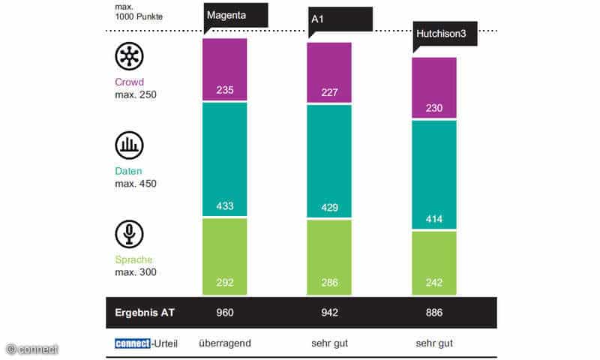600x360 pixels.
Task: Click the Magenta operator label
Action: tap(235, 15)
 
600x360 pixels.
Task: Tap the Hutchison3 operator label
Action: tap(444, 34)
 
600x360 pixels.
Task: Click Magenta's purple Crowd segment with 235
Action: tap(225, 70)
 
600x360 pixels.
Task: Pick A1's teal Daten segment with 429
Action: tap(329, 161)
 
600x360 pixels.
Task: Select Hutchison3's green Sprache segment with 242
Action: tap(434, 262)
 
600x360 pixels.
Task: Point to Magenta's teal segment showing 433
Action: tap(225, 160)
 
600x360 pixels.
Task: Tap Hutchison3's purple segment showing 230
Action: tap(434, 88)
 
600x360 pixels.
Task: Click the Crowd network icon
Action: tap(129, 56)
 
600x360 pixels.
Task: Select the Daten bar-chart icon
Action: tap(129, 145)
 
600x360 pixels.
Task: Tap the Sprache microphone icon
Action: tap(129, 234)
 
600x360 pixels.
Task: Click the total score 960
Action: tap(225, 313)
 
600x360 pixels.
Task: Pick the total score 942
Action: tap(329, 313)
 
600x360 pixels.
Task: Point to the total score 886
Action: tap(434, 313)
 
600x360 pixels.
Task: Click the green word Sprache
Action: tap(133, 259)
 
